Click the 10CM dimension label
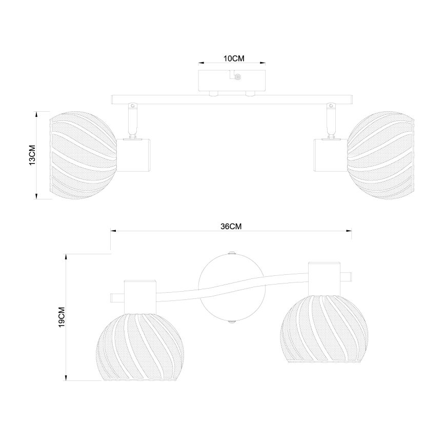point(234,58)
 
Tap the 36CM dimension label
point(231,226)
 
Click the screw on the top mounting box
point(237,76)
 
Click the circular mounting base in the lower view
point(232,287)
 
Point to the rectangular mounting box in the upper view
point(232,80)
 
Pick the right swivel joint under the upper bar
point(331,120)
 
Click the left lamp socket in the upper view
point(134,154)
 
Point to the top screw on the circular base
point(232,253)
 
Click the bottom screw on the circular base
point(232,322)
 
